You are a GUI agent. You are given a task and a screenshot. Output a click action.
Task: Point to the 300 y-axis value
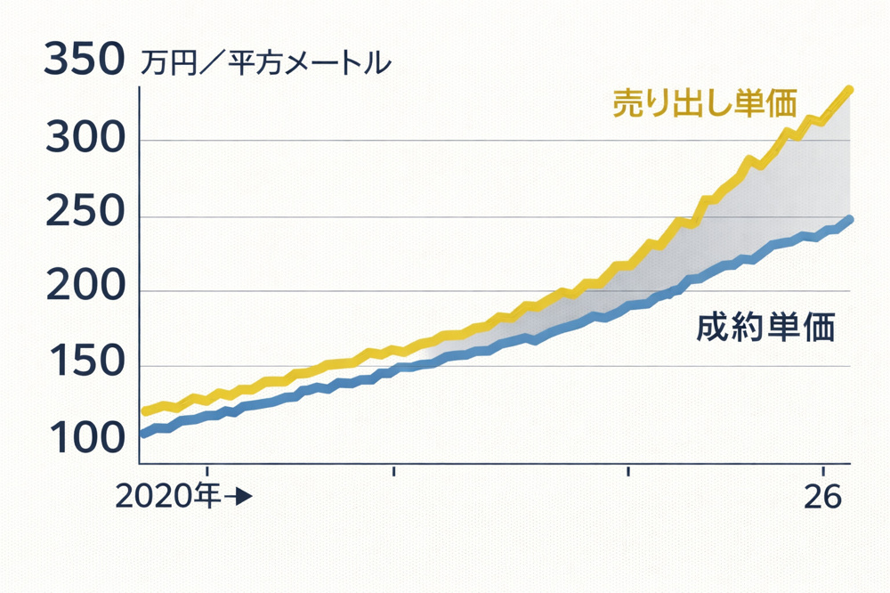[82, 140]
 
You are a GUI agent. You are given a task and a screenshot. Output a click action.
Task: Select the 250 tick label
[82, 216]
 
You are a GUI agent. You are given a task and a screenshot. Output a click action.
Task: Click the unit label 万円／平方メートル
[265, 63]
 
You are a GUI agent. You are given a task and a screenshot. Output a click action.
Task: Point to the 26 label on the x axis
[822, 498]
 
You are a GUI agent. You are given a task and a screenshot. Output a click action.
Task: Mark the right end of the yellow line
[849, 90]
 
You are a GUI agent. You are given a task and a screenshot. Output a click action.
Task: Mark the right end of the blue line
[850, 219]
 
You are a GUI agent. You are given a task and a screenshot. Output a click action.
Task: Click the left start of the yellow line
[145, 411]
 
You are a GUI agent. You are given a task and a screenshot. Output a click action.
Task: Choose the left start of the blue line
[143, 434]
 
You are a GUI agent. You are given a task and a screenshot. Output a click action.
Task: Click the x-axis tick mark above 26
[823, 469]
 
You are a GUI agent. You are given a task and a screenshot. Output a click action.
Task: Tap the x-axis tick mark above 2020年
[206, 469]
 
